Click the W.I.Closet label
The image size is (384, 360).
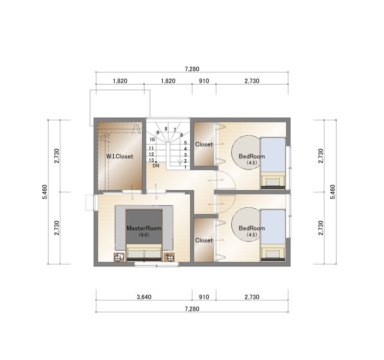click(120, 156)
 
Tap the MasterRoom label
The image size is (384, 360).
click(144, 228)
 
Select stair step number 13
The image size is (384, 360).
click(151, 160)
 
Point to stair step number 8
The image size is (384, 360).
click(166, 129)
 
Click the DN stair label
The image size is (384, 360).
click(156, 166)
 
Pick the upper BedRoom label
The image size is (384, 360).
click(252, 156)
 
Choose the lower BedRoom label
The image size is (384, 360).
click(252, 228)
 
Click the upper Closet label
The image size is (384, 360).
click(204, 144)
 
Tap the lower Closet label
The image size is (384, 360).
click(204, 240)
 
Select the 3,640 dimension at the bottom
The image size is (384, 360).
click(144, 297)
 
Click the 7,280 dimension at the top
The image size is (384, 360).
click(192, 69)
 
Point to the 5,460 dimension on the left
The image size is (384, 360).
click(45, 192)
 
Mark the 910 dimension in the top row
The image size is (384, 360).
click(204, 81)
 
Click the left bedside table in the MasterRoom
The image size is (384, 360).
click(119, 257)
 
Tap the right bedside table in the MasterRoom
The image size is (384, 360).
click(169, 257)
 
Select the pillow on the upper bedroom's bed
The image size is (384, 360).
click(273, 182)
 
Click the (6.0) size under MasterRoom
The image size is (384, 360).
click(144, 235)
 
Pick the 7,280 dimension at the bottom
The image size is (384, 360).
click(192, 309)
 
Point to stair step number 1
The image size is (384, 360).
click(185, 167)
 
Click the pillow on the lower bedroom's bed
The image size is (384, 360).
click(273, 254)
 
